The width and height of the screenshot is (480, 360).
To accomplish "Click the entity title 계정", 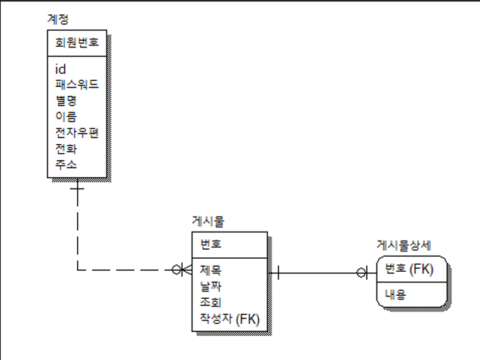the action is pos(58,18).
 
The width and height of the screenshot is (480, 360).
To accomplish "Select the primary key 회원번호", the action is pos(77,42).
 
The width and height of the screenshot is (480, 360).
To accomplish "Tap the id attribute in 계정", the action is pos(61,69).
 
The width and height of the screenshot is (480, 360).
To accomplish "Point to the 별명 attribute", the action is pos(66,100).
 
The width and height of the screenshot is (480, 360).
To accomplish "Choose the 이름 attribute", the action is pos(66,116).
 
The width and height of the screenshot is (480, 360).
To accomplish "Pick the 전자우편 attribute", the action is pos(77,132).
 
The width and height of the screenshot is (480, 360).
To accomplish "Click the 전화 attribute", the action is pos(66,148).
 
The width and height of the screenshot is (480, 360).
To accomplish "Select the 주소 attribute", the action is pos(66,164).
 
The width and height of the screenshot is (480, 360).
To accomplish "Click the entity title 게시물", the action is pos(208,222).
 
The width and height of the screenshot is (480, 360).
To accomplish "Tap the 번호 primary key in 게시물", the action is pos(211,245).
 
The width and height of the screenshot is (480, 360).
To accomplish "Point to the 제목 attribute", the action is pos(211,269).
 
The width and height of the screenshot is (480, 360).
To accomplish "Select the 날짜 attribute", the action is pos(211,286).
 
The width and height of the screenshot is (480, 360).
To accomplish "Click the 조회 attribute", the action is pos(211,302).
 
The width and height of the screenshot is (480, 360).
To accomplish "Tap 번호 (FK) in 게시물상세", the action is pos(408,269).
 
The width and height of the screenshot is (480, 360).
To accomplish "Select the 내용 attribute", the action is pos(395,294).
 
